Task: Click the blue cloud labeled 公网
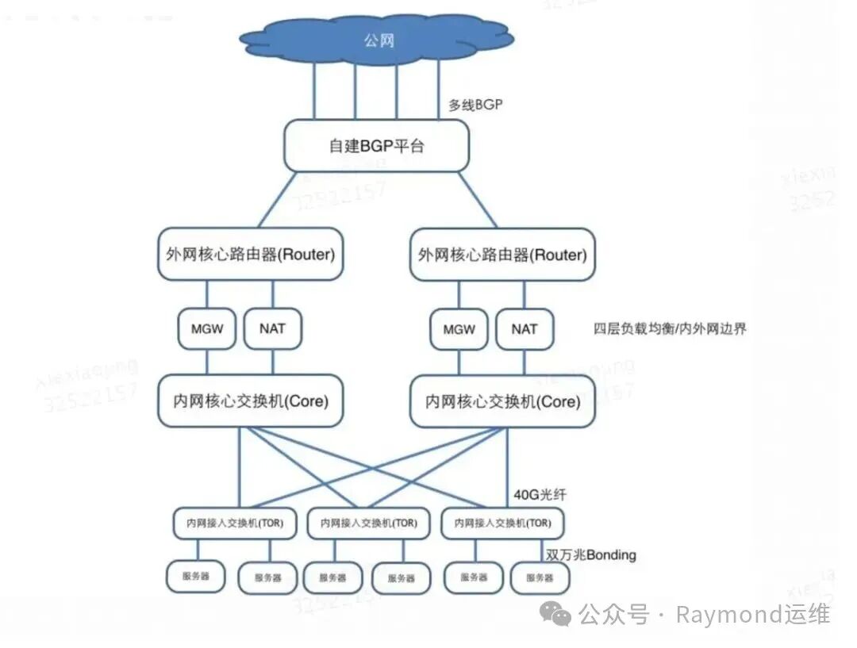coord(377,40)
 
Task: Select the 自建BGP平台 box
coord(376,146)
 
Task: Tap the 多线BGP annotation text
coord(475,105)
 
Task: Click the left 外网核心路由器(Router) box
coord(251,255)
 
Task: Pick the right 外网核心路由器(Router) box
coord(502,255)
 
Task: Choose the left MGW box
coord(207,328)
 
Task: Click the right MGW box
coord(459,329)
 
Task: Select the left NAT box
coord(272,328)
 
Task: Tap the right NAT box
coord(524,329)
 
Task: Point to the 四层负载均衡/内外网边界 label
coord(670,328)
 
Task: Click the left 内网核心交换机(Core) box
coord(251,401)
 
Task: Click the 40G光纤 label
coord(540,495)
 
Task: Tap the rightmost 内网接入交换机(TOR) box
coord(502,523)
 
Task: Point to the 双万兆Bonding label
coord(591,554)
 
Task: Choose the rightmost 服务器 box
coord(540,578)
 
